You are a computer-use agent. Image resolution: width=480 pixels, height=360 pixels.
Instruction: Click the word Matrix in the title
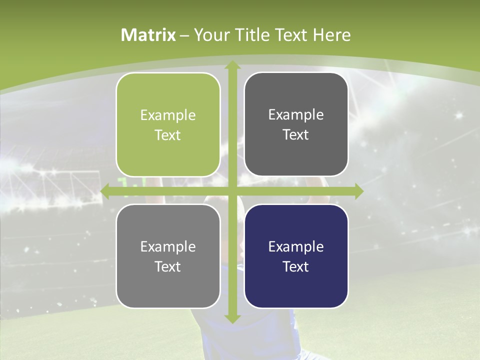[148, 35]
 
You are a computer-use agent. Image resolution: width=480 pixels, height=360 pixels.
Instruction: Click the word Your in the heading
[211, 35]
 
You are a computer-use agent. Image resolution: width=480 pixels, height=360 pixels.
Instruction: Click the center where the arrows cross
[232, 191]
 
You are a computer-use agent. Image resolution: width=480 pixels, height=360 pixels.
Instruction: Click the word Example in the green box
[168, 115]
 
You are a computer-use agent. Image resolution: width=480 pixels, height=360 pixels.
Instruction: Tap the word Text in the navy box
[296, 266]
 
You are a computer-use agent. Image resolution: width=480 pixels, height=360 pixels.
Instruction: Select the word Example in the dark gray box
[296, 114]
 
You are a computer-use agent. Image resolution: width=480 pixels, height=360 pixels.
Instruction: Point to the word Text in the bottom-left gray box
[168, 266]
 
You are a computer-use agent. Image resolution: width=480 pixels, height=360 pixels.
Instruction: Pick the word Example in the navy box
[296, 246]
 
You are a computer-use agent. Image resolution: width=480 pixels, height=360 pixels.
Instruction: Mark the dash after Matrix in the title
[184, 35]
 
